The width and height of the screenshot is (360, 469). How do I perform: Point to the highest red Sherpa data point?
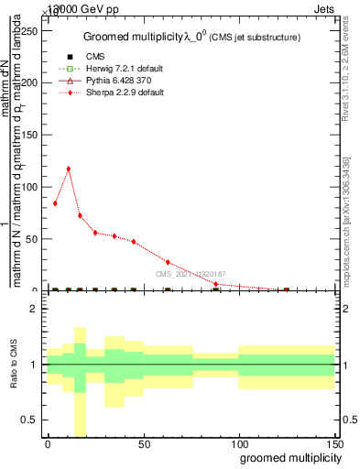tap(68, 169)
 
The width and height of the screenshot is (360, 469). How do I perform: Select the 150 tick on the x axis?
tap(334, 444)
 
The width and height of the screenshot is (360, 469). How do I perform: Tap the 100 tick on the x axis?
tap(238, 444)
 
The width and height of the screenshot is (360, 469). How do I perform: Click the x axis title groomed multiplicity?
tap(288, 457)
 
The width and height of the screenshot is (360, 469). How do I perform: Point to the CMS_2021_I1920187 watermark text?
tap(190, 274)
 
